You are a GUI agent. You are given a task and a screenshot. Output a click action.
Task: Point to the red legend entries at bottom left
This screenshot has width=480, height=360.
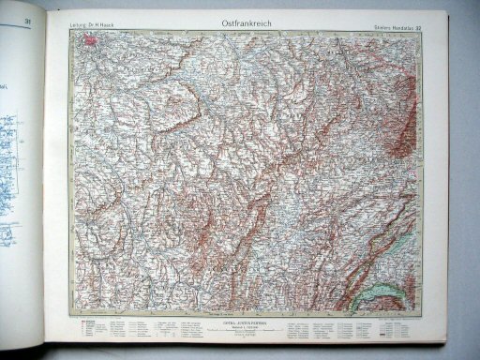tap(89, 328)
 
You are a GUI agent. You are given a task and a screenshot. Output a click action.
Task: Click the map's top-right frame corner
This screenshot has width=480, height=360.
tap(425, 30)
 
